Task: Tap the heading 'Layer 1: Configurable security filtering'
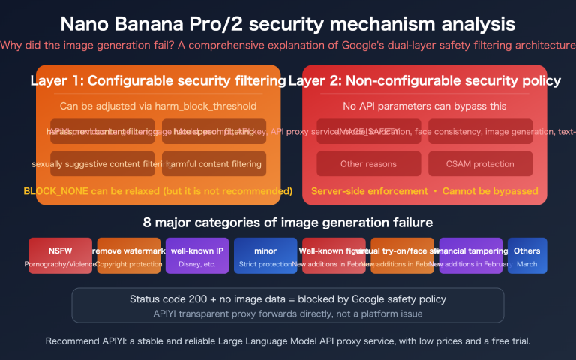pyautogui.click(x=155, y=81)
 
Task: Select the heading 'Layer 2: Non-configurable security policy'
pyautogui.click(x=424, y=81)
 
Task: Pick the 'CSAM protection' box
pyautogui.click(x=480, y=163)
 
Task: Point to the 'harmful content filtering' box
pyautogui.click(x=214, y=163)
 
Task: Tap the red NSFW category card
pyautogui.click(x=60, y=256)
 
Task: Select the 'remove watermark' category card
pyautogui.click(x=128, y=256)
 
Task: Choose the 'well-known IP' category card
pyautogui.click(x=196, y=256)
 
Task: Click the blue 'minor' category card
pyautogui.click(x=265, y=256)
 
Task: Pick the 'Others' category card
pyautogui.click(x=526, y=256)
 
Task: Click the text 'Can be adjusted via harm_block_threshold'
pyautogui.click(x=158, y=106)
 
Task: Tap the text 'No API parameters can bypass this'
pyautogui.click(x=424, y=106)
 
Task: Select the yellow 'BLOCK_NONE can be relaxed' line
pyautogui.click(x=158, y=191)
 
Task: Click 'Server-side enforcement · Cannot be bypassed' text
pyautogui.click(x=424, y=191)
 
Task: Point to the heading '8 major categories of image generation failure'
pyautogui.click(x=288, y=223)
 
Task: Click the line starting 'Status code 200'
pyautogui.click(x=288, y=299)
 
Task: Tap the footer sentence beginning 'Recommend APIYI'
pyautogui.click(x=288, y=341)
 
